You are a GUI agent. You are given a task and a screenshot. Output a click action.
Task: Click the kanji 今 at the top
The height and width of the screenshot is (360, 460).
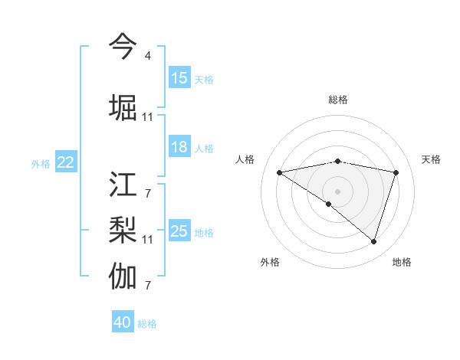pos(123,46)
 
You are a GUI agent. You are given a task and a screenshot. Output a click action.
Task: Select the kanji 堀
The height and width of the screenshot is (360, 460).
pos(123,107)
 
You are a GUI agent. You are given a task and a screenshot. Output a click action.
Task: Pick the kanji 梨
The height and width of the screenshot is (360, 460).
pos(123,230)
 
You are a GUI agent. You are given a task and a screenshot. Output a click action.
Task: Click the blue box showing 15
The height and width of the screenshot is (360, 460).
pos(179,78)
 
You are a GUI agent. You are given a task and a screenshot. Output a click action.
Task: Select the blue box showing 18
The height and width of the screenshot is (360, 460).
pos(179,147)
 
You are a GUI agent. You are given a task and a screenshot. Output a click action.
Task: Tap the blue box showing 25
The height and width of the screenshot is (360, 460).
pos(179,231)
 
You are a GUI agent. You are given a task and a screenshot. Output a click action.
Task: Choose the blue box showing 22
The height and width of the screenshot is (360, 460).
pos(66,162)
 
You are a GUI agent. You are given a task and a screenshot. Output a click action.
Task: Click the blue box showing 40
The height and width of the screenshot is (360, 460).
pos(123,322)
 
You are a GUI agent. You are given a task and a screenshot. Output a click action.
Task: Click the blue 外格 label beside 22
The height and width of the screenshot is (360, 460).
pos(41,163)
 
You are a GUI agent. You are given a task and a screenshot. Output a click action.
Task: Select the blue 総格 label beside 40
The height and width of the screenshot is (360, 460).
pos(147,324)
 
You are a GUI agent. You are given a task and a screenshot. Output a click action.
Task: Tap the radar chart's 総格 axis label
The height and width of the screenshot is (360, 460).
pos(338,100)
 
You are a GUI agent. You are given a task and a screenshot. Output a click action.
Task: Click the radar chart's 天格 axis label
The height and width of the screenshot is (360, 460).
pos(431,159)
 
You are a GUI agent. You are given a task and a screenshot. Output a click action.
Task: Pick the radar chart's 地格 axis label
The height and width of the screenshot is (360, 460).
pos(402,262)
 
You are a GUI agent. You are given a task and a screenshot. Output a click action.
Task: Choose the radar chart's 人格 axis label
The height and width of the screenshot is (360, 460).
pos(245,159)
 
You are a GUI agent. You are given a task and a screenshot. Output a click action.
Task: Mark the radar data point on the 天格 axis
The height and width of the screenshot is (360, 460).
pos(396,172)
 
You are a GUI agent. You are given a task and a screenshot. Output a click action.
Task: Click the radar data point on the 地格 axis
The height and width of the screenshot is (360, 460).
pos(374,242)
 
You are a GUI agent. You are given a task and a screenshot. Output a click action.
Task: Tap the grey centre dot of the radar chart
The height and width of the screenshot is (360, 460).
pos(337,191)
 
